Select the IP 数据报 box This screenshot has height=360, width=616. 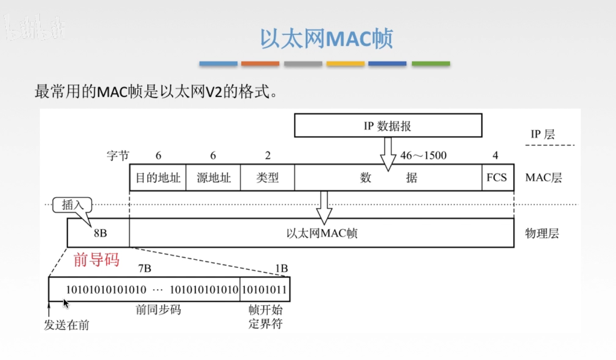(388, 125)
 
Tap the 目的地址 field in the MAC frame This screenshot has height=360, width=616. (158, 178)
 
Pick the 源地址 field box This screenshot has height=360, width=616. (213, 178)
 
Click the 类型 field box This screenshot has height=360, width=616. (267, 178)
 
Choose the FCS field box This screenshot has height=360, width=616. (497, 178)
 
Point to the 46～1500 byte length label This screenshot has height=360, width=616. (423, 156)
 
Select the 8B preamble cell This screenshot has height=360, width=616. (99, 233)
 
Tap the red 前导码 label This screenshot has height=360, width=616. (96, 260)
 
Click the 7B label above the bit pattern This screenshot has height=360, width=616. (145, 269)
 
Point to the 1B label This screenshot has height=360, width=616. (282, 269)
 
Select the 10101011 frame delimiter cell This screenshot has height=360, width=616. (264, 289)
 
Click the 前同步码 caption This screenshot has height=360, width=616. (158, 310)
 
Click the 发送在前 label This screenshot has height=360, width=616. (66, 325)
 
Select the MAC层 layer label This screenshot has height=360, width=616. (543, 178)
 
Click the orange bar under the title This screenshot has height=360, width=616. (260, 64)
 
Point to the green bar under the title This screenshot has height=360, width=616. (431, 64)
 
